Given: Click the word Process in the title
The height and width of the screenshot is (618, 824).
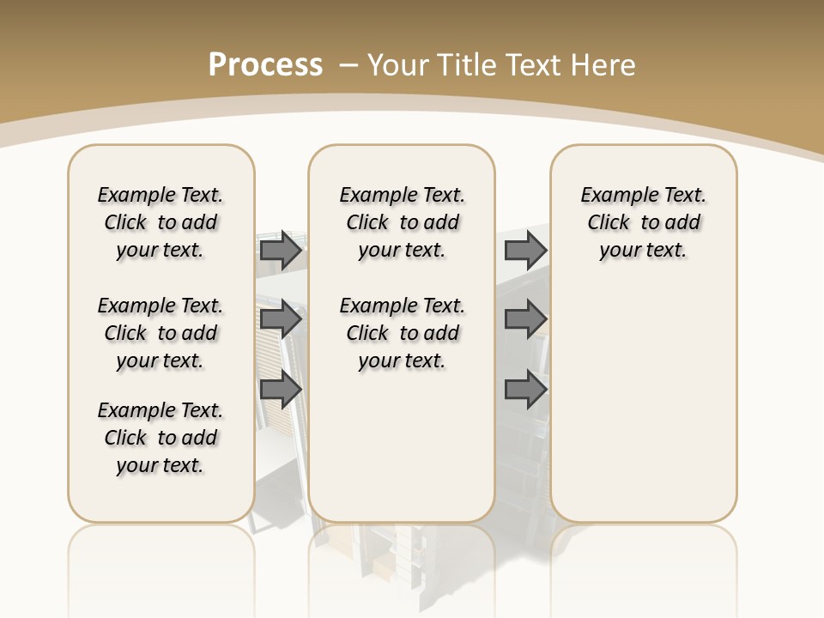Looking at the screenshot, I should point(265,65).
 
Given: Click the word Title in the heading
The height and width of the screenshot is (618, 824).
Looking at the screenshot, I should point(469,65).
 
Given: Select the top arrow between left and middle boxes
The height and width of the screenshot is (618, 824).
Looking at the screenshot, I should point(281,250).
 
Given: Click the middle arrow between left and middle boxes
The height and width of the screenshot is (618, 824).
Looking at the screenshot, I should point(281,319).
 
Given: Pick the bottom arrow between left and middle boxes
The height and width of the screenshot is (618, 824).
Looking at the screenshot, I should point(281,390).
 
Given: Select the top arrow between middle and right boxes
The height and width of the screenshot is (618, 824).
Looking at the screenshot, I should point(525,250).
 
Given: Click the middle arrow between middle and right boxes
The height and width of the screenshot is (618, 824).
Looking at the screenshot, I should point(525,319).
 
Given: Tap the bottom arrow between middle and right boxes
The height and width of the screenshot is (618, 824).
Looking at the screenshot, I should point(525,390).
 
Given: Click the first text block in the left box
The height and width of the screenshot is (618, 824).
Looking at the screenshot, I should point(161,222).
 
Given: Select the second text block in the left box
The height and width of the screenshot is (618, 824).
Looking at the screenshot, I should point(161,333).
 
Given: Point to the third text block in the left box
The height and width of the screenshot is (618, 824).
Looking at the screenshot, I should point(161,438).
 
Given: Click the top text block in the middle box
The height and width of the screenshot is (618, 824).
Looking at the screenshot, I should point(402,222).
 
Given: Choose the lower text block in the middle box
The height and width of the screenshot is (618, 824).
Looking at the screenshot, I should point(402,333).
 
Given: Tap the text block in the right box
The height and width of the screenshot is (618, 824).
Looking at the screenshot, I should point(643,222).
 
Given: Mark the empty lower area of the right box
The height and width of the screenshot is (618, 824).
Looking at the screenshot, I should point(643,412).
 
